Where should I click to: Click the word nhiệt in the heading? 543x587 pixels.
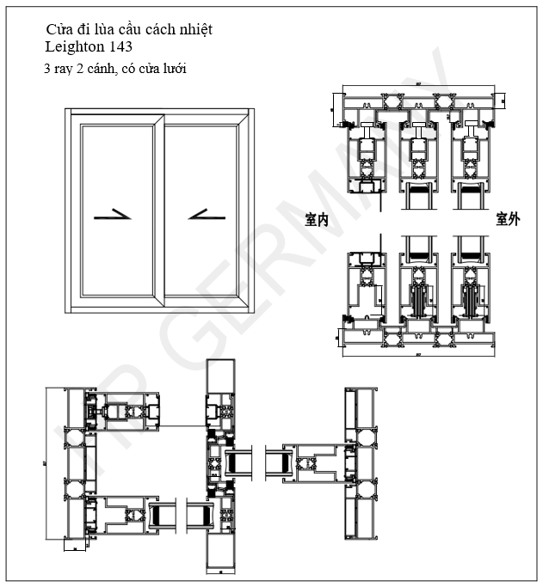[194, 29]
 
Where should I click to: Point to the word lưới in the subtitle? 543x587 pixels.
[173, 68]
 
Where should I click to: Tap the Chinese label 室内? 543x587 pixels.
[318, 220]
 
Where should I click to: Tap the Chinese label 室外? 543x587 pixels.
[508, 220]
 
